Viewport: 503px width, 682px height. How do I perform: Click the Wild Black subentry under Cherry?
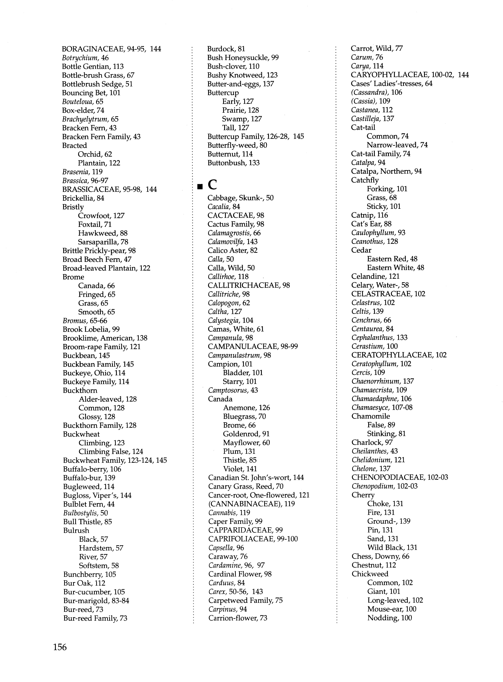point(392,548)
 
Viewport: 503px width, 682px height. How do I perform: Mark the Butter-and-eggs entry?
point(241,84)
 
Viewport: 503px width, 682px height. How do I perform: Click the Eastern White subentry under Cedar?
point(395,268)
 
